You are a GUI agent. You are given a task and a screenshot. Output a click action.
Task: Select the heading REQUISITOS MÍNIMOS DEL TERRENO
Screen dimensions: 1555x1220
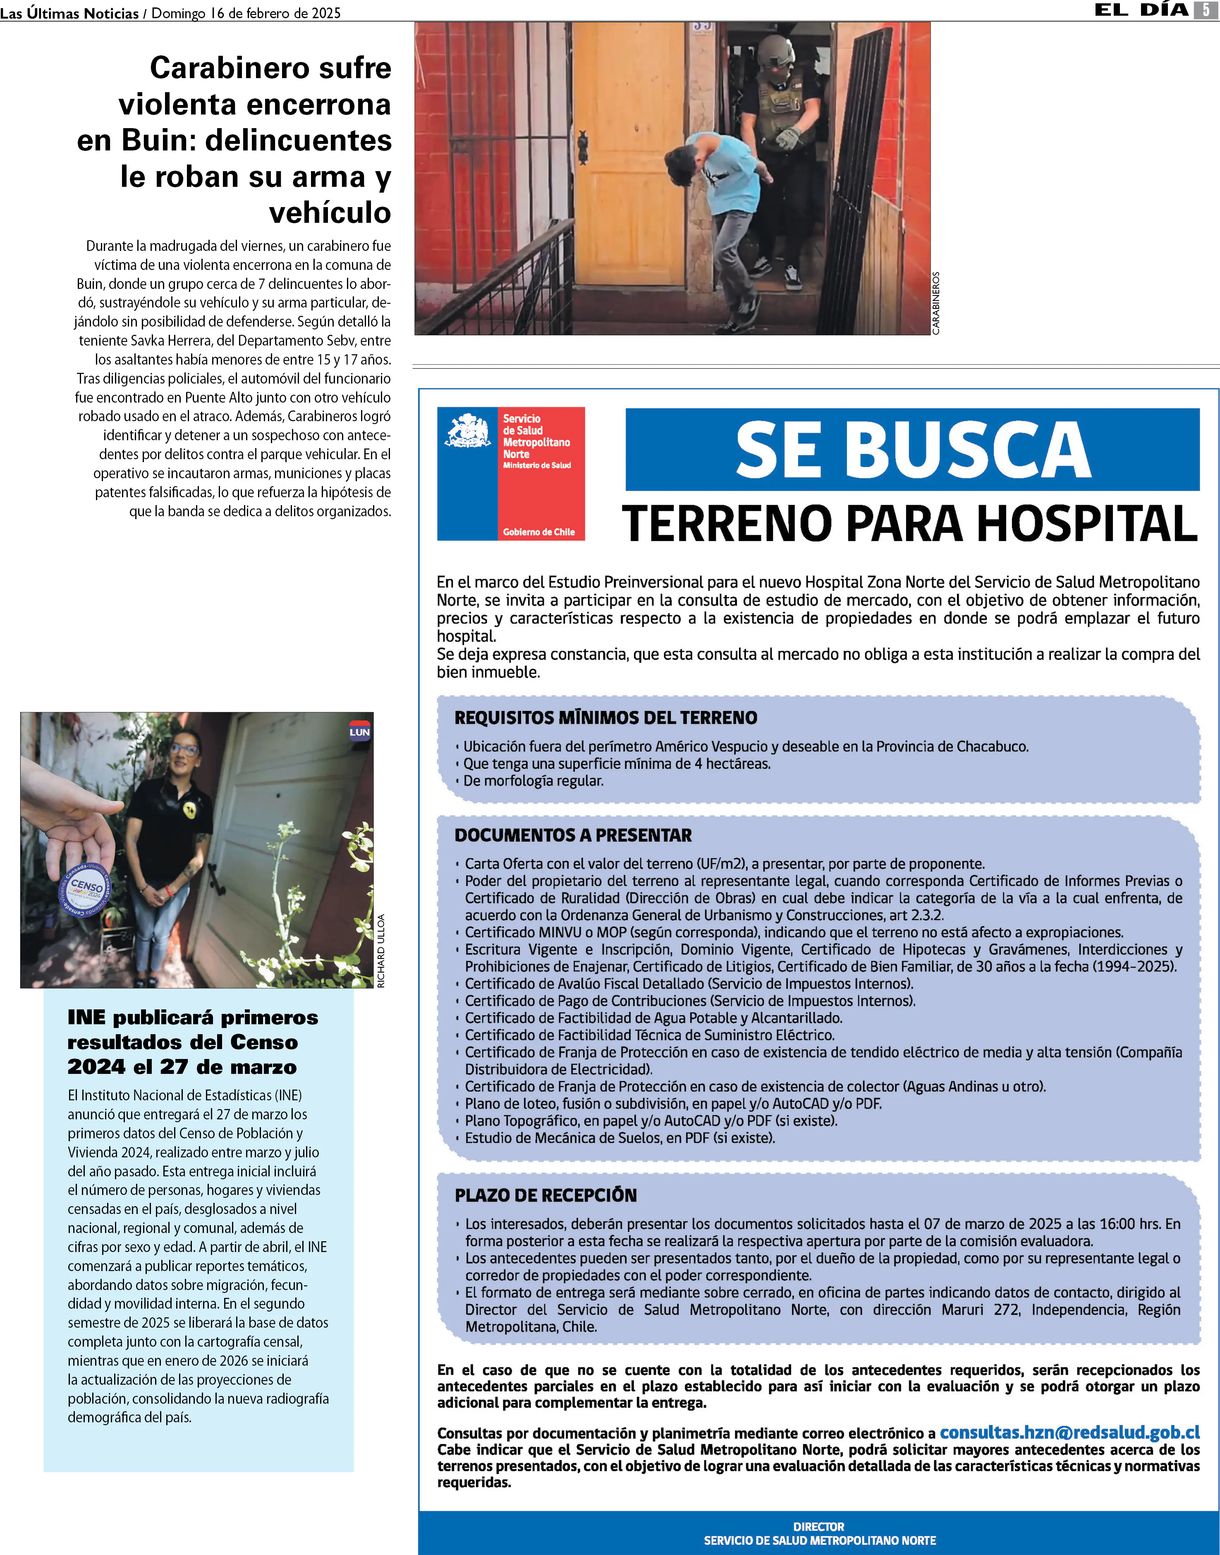point(606,718)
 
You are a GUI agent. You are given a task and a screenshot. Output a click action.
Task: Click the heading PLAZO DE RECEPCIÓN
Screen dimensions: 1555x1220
point(546,1195)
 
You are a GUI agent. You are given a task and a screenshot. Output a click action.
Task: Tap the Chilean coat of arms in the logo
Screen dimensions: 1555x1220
point(467,431)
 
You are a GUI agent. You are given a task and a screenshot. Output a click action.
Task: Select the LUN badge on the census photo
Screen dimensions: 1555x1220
point(359,732)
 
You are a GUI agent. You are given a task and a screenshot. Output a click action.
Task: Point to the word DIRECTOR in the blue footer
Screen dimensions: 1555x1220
point(818,1526)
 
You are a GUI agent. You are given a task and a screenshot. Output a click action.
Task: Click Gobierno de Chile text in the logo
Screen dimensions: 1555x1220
point(538,532)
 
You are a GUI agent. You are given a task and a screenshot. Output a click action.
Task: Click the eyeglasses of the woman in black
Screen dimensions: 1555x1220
point(184,750)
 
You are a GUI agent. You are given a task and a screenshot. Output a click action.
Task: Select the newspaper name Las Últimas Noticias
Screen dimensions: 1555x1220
point(69,13)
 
